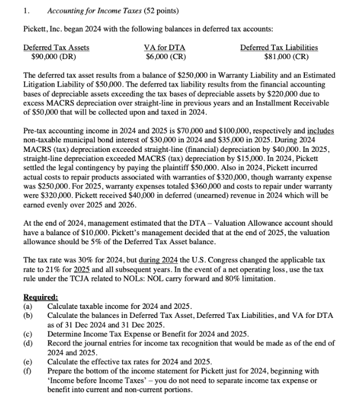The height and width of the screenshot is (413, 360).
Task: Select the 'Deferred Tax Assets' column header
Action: tap(56, 48)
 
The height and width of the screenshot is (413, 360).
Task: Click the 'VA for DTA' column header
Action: tap(165, 48)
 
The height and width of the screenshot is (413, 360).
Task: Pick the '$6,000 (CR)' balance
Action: tap(166, 57)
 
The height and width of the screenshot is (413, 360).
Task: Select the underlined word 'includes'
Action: tap(320, 131)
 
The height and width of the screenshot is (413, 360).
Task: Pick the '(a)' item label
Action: tap(28, 307)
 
